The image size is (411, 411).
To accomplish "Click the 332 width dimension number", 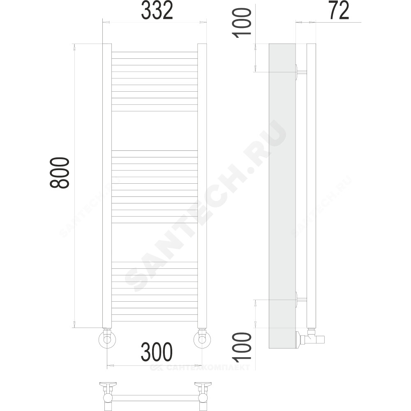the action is pyautogui.click(x=157, y=10).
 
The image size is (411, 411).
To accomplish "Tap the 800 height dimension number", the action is pyautogui.click(x=60, y=173).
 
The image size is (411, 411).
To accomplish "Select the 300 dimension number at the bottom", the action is pyautogui.click(x=157, y=352).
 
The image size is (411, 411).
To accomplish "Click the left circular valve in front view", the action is pyautogui.click(x=107, y=339).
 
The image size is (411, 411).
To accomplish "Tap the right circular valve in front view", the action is pyautogui.click(x=202, y=339).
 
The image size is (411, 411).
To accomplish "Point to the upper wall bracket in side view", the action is pyautogui.click(x=301, y=72).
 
